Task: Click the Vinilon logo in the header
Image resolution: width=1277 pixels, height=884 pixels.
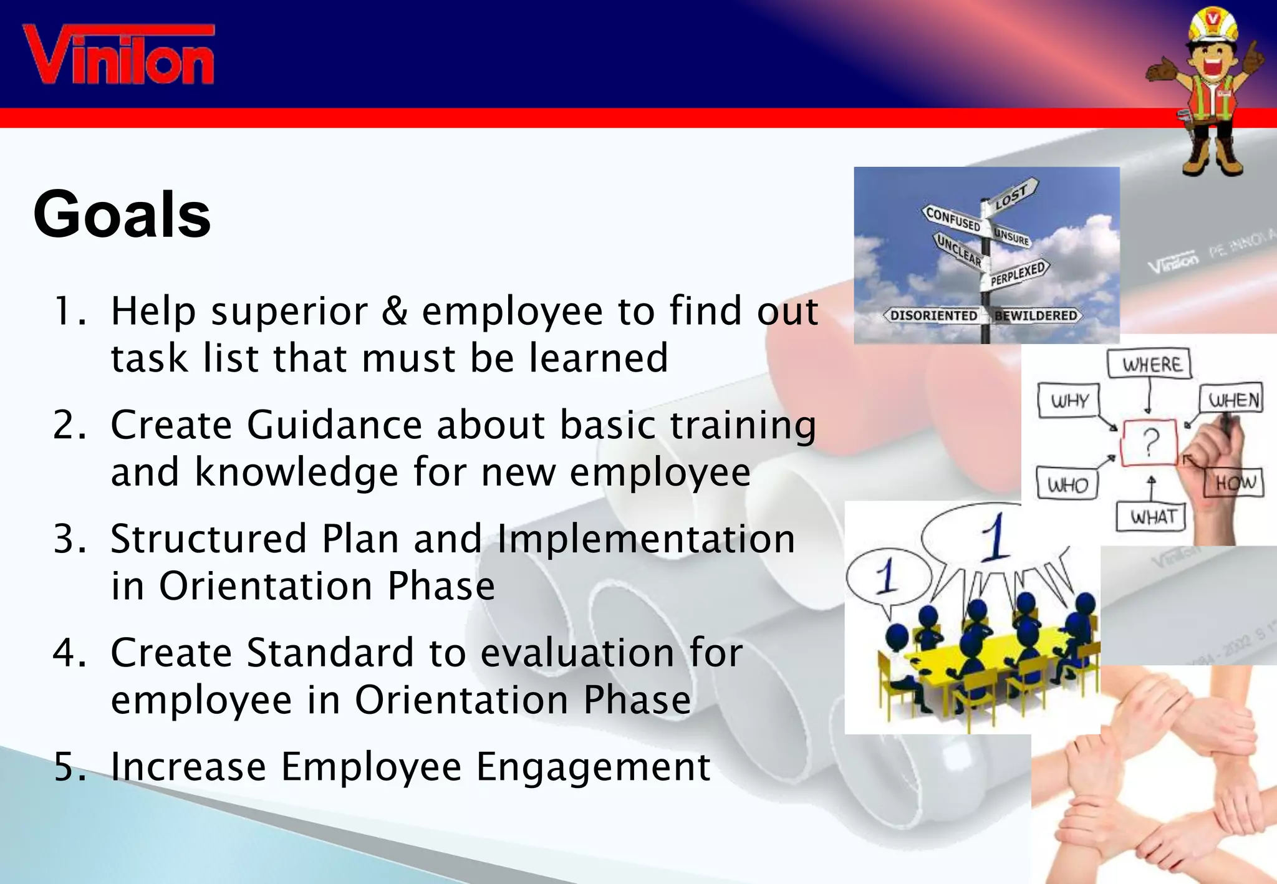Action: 118,55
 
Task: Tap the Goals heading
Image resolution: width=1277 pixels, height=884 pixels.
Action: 122,214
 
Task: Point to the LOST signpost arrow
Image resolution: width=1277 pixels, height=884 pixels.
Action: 1013,195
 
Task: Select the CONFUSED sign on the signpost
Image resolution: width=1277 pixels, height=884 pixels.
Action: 953,219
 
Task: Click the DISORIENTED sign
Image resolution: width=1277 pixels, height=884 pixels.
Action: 933,315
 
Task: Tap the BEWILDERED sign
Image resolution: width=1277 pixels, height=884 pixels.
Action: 1036,315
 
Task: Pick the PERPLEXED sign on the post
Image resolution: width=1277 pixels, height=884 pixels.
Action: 1018,273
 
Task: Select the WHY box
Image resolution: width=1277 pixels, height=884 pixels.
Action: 1069,400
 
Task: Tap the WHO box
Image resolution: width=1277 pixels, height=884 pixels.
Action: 1067,484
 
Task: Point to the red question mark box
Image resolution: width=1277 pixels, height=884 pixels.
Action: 1150,442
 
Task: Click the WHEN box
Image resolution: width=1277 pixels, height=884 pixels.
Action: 1233,399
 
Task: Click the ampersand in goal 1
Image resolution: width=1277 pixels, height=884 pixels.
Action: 394,310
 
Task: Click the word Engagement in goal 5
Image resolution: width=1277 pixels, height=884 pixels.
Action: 593,767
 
